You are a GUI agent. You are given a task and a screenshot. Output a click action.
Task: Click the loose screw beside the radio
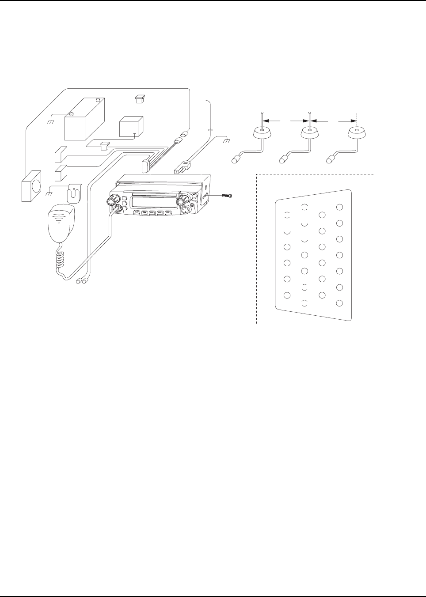click(x=227, y=195)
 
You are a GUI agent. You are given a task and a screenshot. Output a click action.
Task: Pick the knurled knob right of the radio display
click(x=180, y=202)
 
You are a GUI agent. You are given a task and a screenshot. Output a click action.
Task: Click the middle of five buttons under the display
click(x=152, y=213)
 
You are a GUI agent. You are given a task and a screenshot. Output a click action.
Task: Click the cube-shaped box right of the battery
click(x=131, y=127)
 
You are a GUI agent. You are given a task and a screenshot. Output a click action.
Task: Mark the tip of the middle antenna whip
click(x=309, y=113)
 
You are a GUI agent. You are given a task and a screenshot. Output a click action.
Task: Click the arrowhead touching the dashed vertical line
click(x=354, y=120)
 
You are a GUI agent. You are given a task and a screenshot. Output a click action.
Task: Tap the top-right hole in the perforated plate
click(x=339, y=207)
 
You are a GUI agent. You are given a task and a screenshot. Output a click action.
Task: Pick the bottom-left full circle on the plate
click(x=287, y=295)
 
